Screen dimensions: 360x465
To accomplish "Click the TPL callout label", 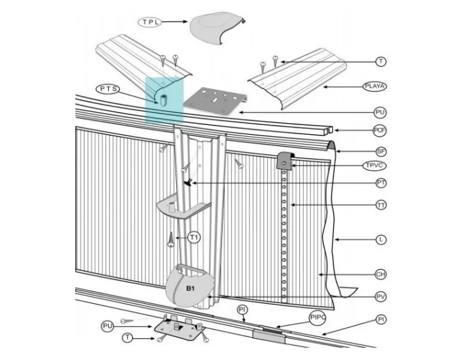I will (x=149, y=22).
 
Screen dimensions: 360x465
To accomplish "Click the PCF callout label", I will (x=380, y=130).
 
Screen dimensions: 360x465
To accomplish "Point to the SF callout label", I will (x=381, y=151).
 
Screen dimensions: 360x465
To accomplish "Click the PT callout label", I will (x=381, y=183).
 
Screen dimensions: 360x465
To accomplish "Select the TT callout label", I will (x=381, y=206).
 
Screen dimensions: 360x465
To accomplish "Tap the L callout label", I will (x=381, y=240).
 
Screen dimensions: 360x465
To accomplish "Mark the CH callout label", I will (x=381, y=274).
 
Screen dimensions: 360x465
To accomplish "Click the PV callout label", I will (x=381, y=297).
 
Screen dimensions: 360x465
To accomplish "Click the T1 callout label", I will (x=193, y=237).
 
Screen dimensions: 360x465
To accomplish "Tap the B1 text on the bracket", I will (x=191, y=288).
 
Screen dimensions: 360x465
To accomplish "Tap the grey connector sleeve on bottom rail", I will (x=269, y=333).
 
